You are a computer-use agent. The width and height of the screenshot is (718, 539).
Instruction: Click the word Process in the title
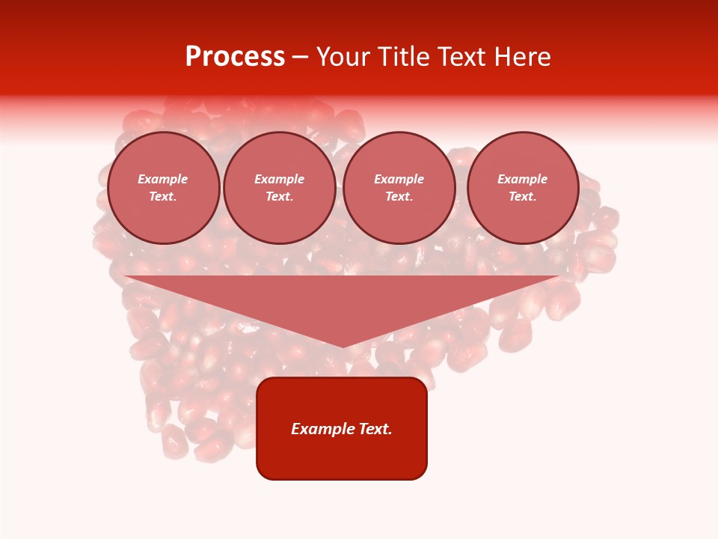click(235, 57)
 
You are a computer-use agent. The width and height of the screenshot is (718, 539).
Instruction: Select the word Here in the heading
click(521, 57)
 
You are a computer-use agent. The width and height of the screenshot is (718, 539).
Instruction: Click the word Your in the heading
click(343, 57)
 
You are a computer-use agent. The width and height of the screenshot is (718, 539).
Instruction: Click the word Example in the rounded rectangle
click(321, 429)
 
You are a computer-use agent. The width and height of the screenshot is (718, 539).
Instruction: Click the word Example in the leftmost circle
click(163, 179)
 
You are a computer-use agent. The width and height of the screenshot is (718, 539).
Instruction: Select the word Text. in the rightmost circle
click(523, 196)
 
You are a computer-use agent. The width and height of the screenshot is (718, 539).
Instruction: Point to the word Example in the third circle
click(399, 179)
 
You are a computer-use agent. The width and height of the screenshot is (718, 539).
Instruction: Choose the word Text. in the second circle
click(280, 196)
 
